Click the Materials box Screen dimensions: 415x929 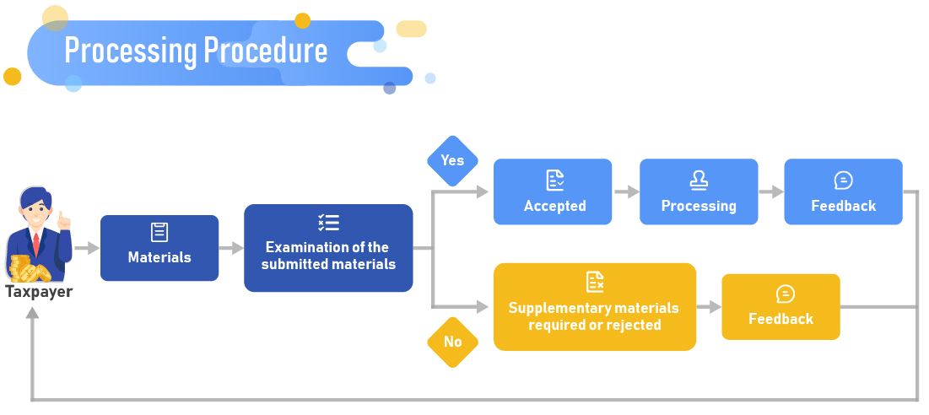coord(159,248)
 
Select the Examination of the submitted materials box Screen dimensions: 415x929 coord(328,248)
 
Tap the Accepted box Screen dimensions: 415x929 coord(553,191)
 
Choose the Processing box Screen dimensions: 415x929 coord(699,191)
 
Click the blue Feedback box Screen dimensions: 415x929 coord(843,191)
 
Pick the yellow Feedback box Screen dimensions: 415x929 coord(780,307)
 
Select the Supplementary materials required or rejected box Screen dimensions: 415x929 coord(595,306)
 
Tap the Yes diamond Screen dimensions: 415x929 coord(452,160)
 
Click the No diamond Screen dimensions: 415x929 coord(452,342)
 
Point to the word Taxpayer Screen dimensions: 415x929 coord(39,293)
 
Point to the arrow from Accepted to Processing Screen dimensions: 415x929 coord(626,191)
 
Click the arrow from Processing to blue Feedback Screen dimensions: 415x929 coord(771,191)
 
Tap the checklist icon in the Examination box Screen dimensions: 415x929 coord(328,223)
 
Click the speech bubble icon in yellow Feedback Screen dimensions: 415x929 coord(785,294)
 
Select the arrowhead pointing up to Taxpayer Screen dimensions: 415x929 coord(32,314)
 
